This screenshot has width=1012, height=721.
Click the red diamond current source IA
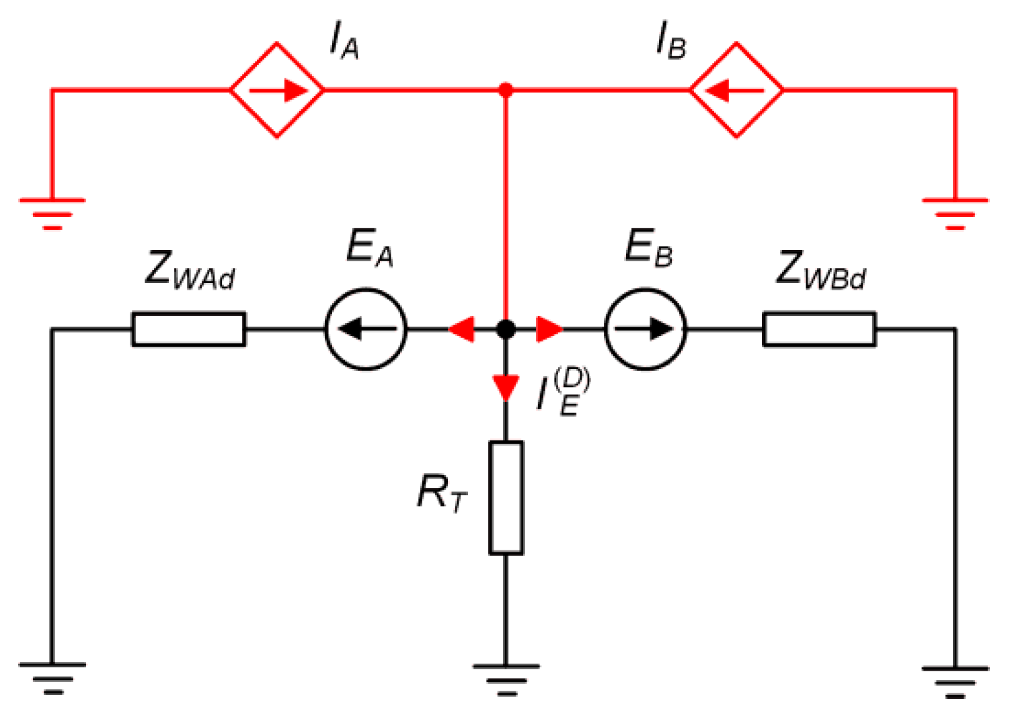coord(277,90)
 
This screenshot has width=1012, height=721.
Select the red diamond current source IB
coord(736,90)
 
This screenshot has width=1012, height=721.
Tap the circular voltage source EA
coord(366,329)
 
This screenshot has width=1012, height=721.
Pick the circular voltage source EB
coord(645,329)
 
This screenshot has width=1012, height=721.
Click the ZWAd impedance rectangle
coord(188,329)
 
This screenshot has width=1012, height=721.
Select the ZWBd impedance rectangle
coord(819,329)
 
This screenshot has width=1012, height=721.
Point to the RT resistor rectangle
coord(506,497)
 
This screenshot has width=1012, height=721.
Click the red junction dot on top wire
coord(506,90)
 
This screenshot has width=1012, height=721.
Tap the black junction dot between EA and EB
coord(506,329)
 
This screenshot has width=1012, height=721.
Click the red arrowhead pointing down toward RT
coord(506,388)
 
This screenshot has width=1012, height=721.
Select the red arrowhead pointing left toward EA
coord(462,329)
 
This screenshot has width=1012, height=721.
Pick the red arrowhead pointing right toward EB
coord(549,329)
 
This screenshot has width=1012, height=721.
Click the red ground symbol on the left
coord(52,212)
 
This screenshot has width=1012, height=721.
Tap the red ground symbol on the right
coord(955,212)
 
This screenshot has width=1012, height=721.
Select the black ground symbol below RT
coord(506,677)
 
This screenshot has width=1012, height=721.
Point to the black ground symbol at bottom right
coord(955,680)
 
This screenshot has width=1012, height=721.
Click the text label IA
coord(344,42)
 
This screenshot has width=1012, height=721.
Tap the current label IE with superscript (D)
coord(562,392)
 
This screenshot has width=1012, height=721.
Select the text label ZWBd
coord(820,270)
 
